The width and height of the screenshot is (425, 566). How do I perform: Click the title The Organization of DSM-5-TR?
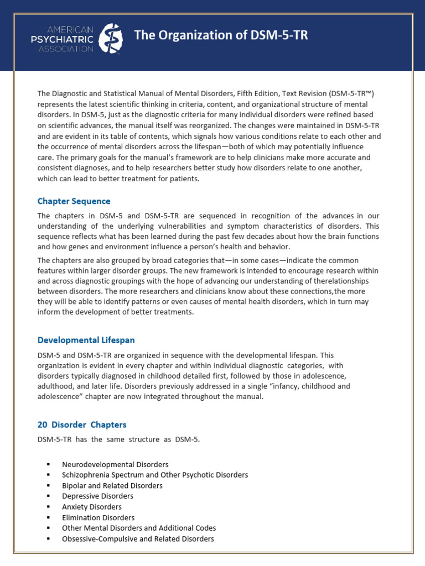pos(221,35)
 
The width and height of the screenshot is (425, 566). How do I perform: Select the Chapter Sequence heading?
pos(74,201)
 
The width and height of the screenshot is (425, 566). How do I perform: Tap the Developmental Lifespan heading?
pos(86,340)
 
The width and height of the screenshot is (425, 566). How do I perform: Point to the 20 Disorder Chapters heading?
pos(82,424)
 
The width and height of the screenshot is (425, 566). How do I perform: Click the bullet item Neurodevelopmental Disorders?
pos(115,464)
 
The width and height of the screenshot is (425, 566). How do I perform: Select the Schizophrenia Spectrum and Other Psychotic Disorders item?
pos(155,475)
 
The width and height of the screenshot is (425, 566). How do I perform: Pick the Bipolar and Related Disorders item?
pos(112,485)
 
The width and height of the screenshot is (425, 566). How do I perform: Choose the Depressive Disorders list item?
pos(97,496)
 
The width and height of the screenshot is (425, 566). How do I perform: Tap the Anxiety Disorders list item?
pos(92,506)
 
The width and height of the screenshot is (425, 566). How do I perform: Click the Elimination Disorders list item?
pos(98,517)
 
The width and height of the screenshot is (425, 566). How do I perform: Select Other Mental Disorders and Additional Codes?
pos(139,528)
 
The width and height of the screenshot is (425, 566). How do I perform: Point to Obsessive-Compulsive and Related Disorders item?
pos(138,538)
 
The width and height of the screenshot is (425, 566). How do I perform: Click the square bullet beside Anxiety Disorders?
pos(49,507)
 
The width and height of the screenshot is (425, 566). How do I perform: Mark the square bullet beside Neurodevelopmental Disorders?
pos(49,465)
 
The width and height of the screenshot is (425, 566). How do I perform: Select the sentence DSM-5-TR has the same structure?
pos(118,439)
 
